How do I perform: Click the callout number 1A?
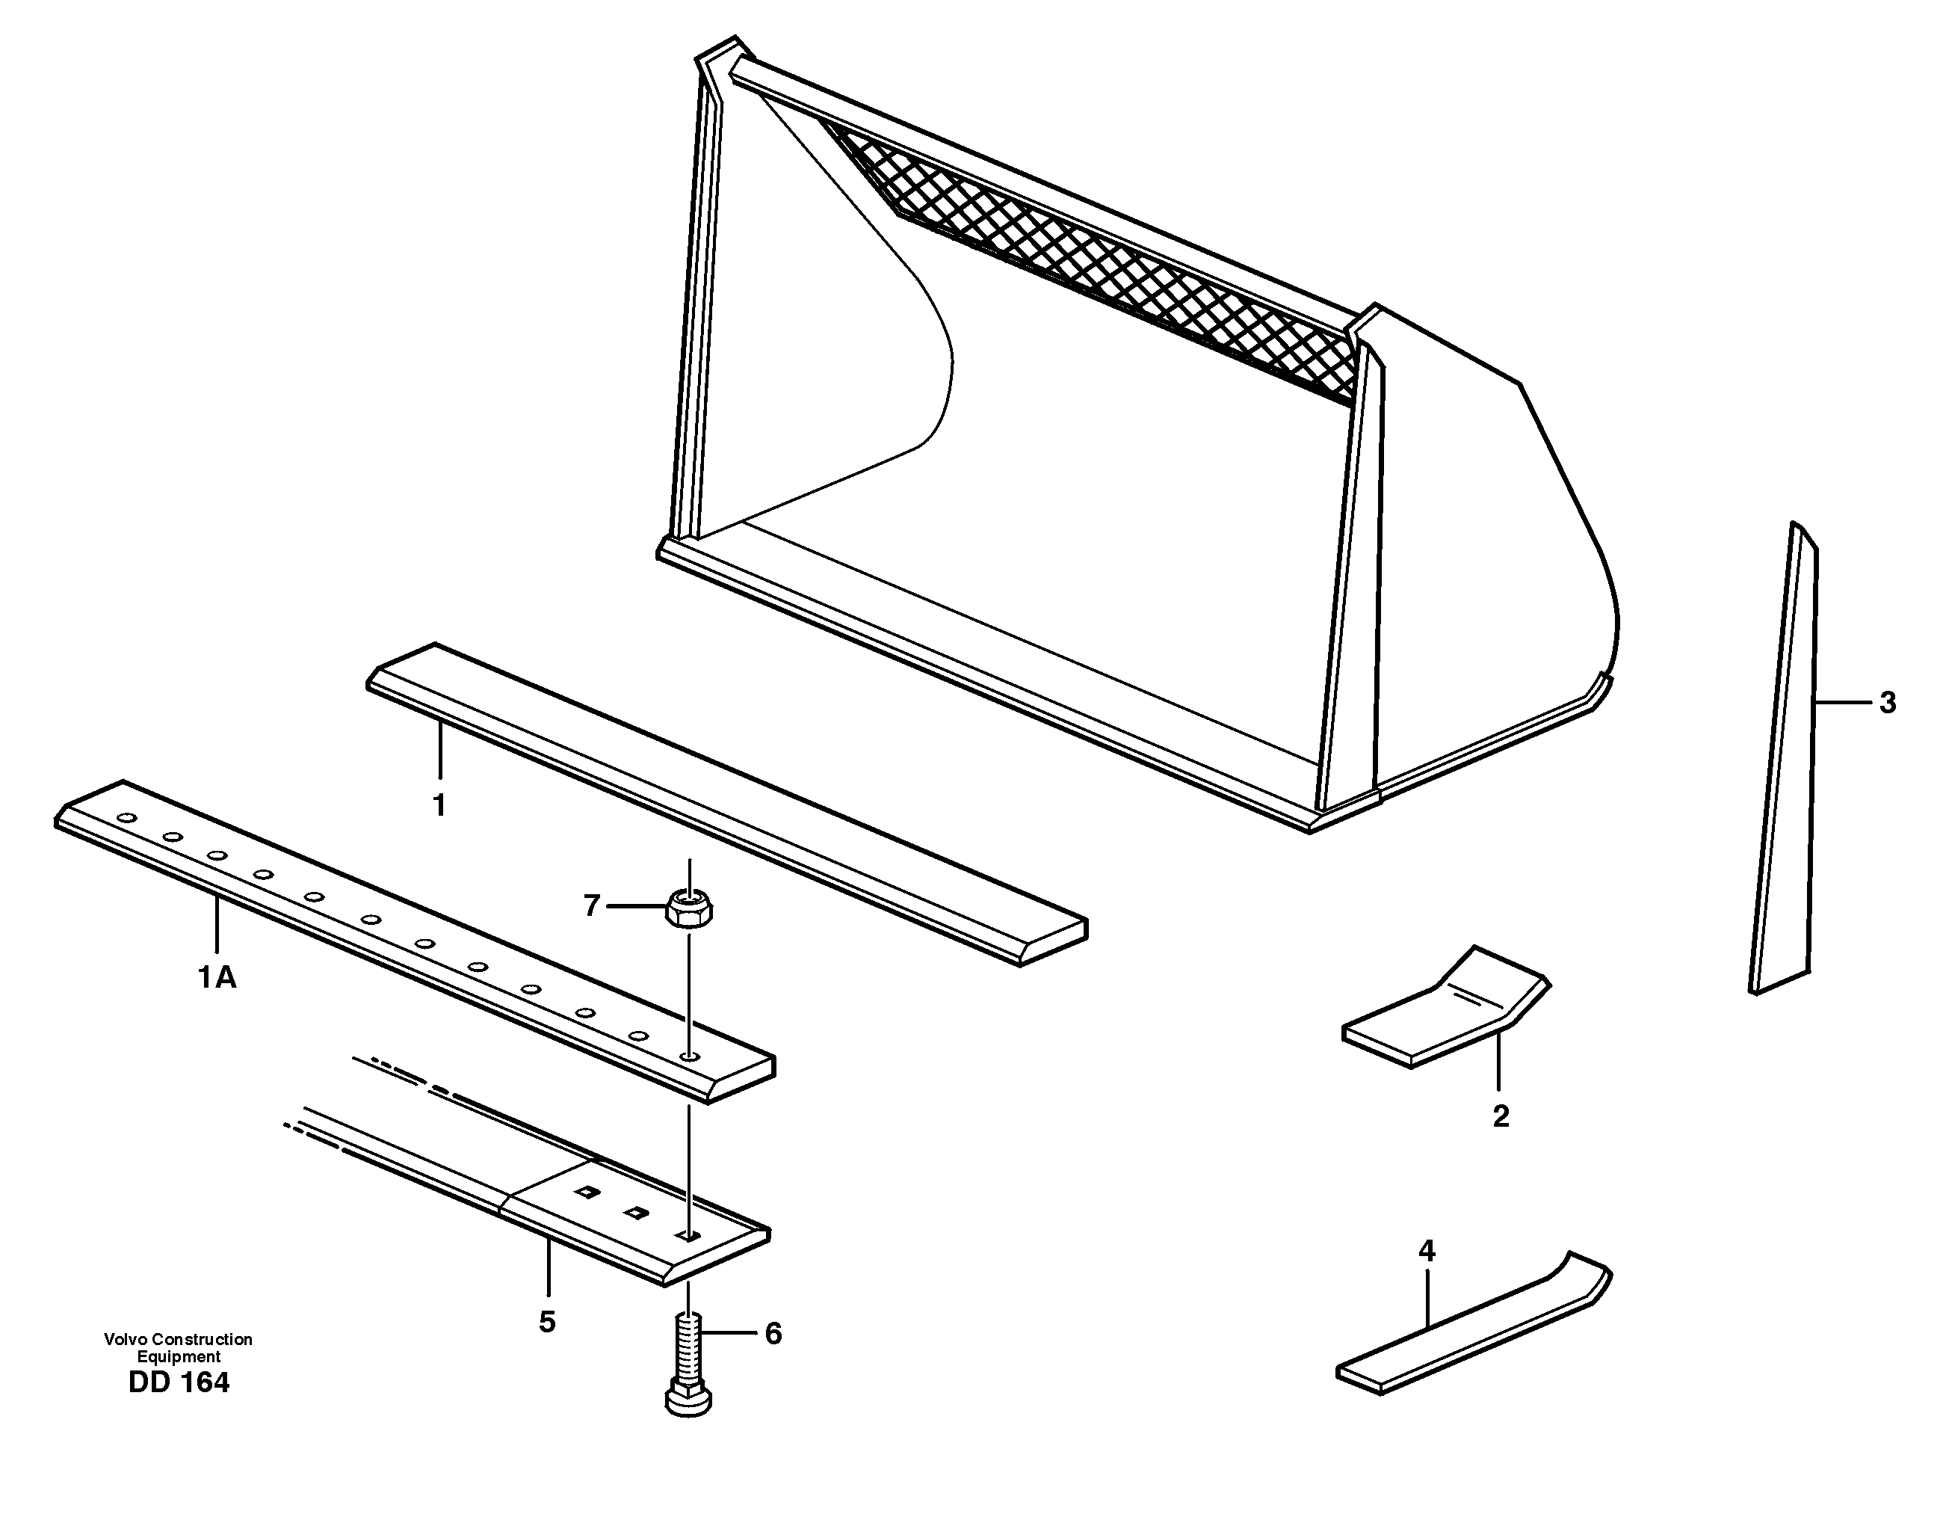click(217, 978)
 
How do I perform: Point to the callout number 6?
click(773, 1334)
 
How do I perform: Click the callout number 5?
click(547, 1321)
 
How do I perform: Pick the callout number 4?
click(1427, 1251)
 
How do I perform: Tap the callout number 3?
click(1887, 703)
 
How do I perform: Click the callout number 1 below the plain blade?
click(439, 805)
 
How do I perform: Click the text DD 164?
click(179, 1383)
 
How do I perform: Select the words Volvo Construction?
click(179, 1339)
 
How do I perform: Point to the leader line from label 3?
click(1843, 704)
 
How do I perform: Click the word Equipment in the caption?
click(179, 1357)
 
